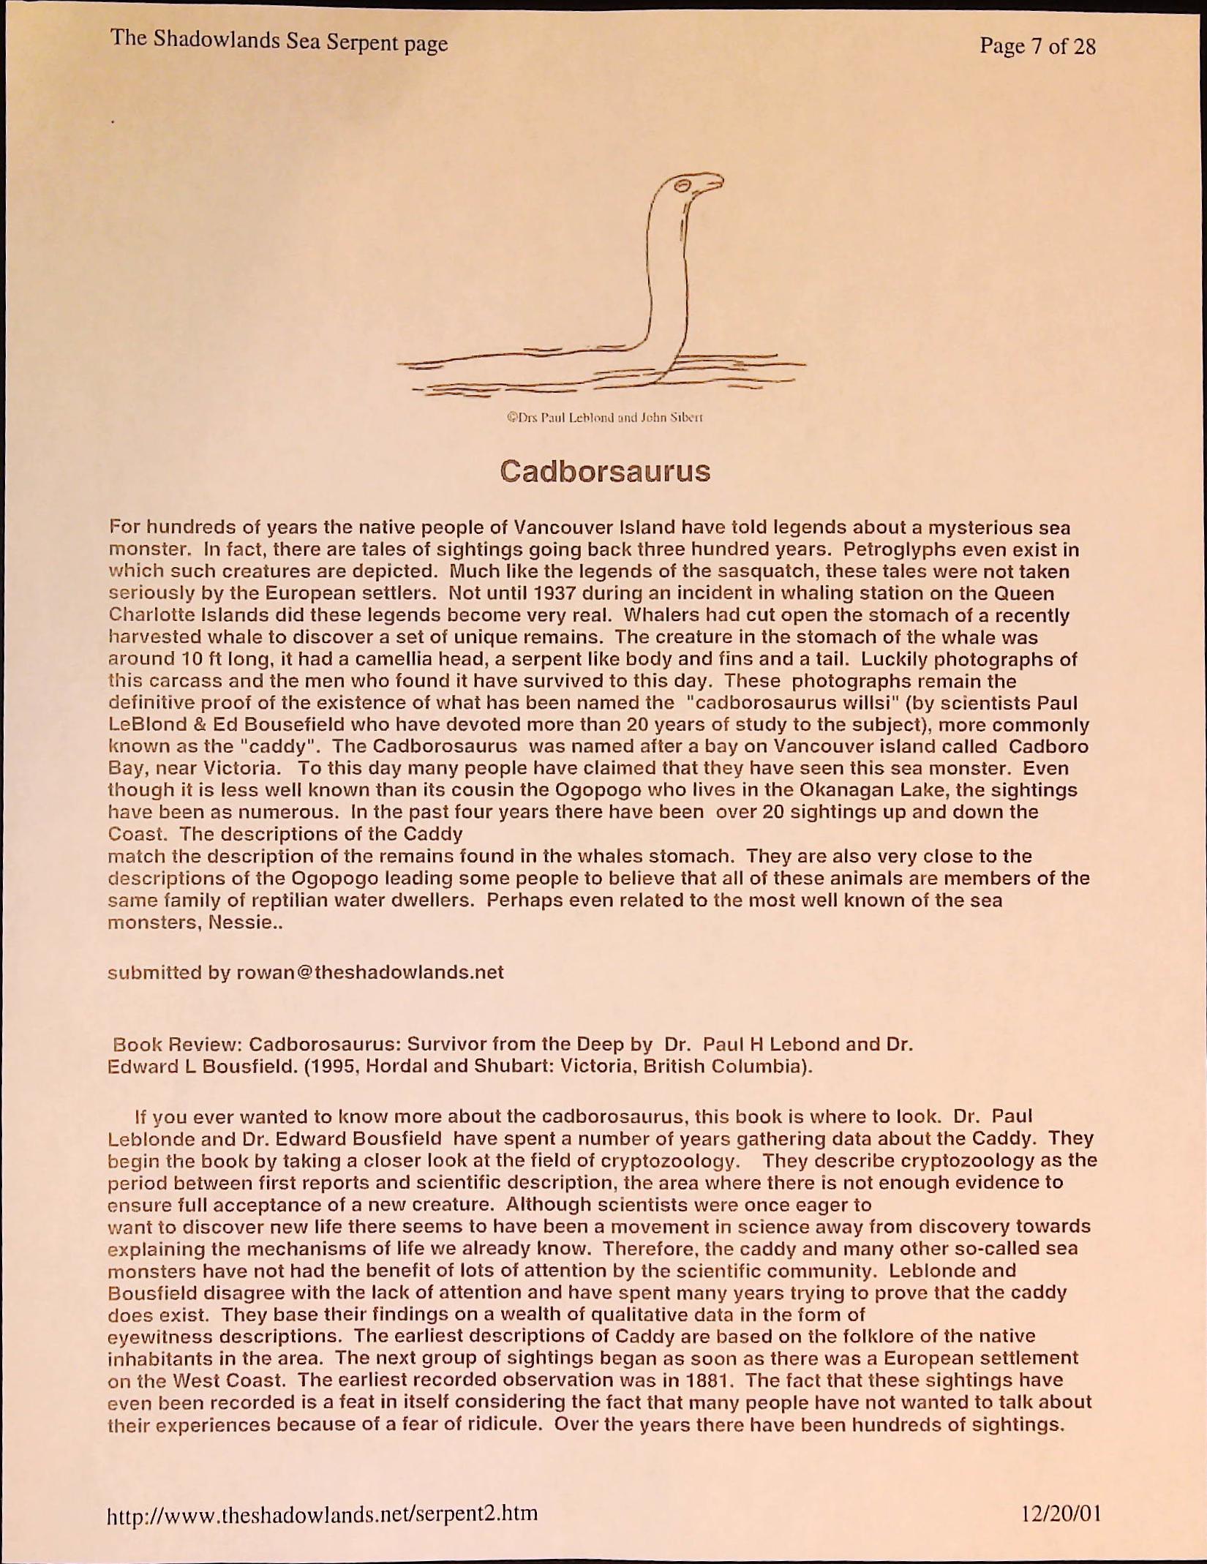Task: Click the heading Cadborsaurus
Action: point(605,471)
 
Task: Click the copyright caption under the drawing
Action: point(605,418)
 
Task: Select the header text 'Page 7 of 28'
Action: point(1037,47)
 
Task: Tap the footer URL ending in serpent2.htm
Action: point(323,1512)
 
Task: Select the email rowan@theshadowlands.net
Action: point(371,972)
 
